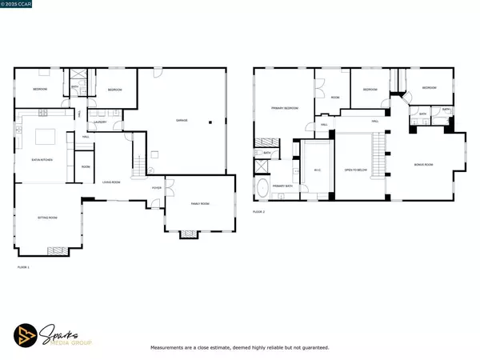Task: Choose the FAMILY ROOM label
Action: (x=199, y=204)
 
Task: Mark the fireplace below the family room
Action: (x=190, y=234)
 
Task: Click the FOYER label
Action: (x=156, y=188)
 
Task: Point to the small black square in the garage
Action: (x=211, y=122)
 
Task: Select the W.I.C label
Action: (x=318, y=170)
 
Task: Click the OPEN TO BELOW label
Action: (x=354, y=170)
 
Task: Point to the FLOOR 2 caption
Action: (x=258, y=211)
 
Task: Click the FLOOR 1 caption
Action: (x=22, y=266)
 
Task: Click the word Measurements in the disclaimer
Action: (x=171, y=348)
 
